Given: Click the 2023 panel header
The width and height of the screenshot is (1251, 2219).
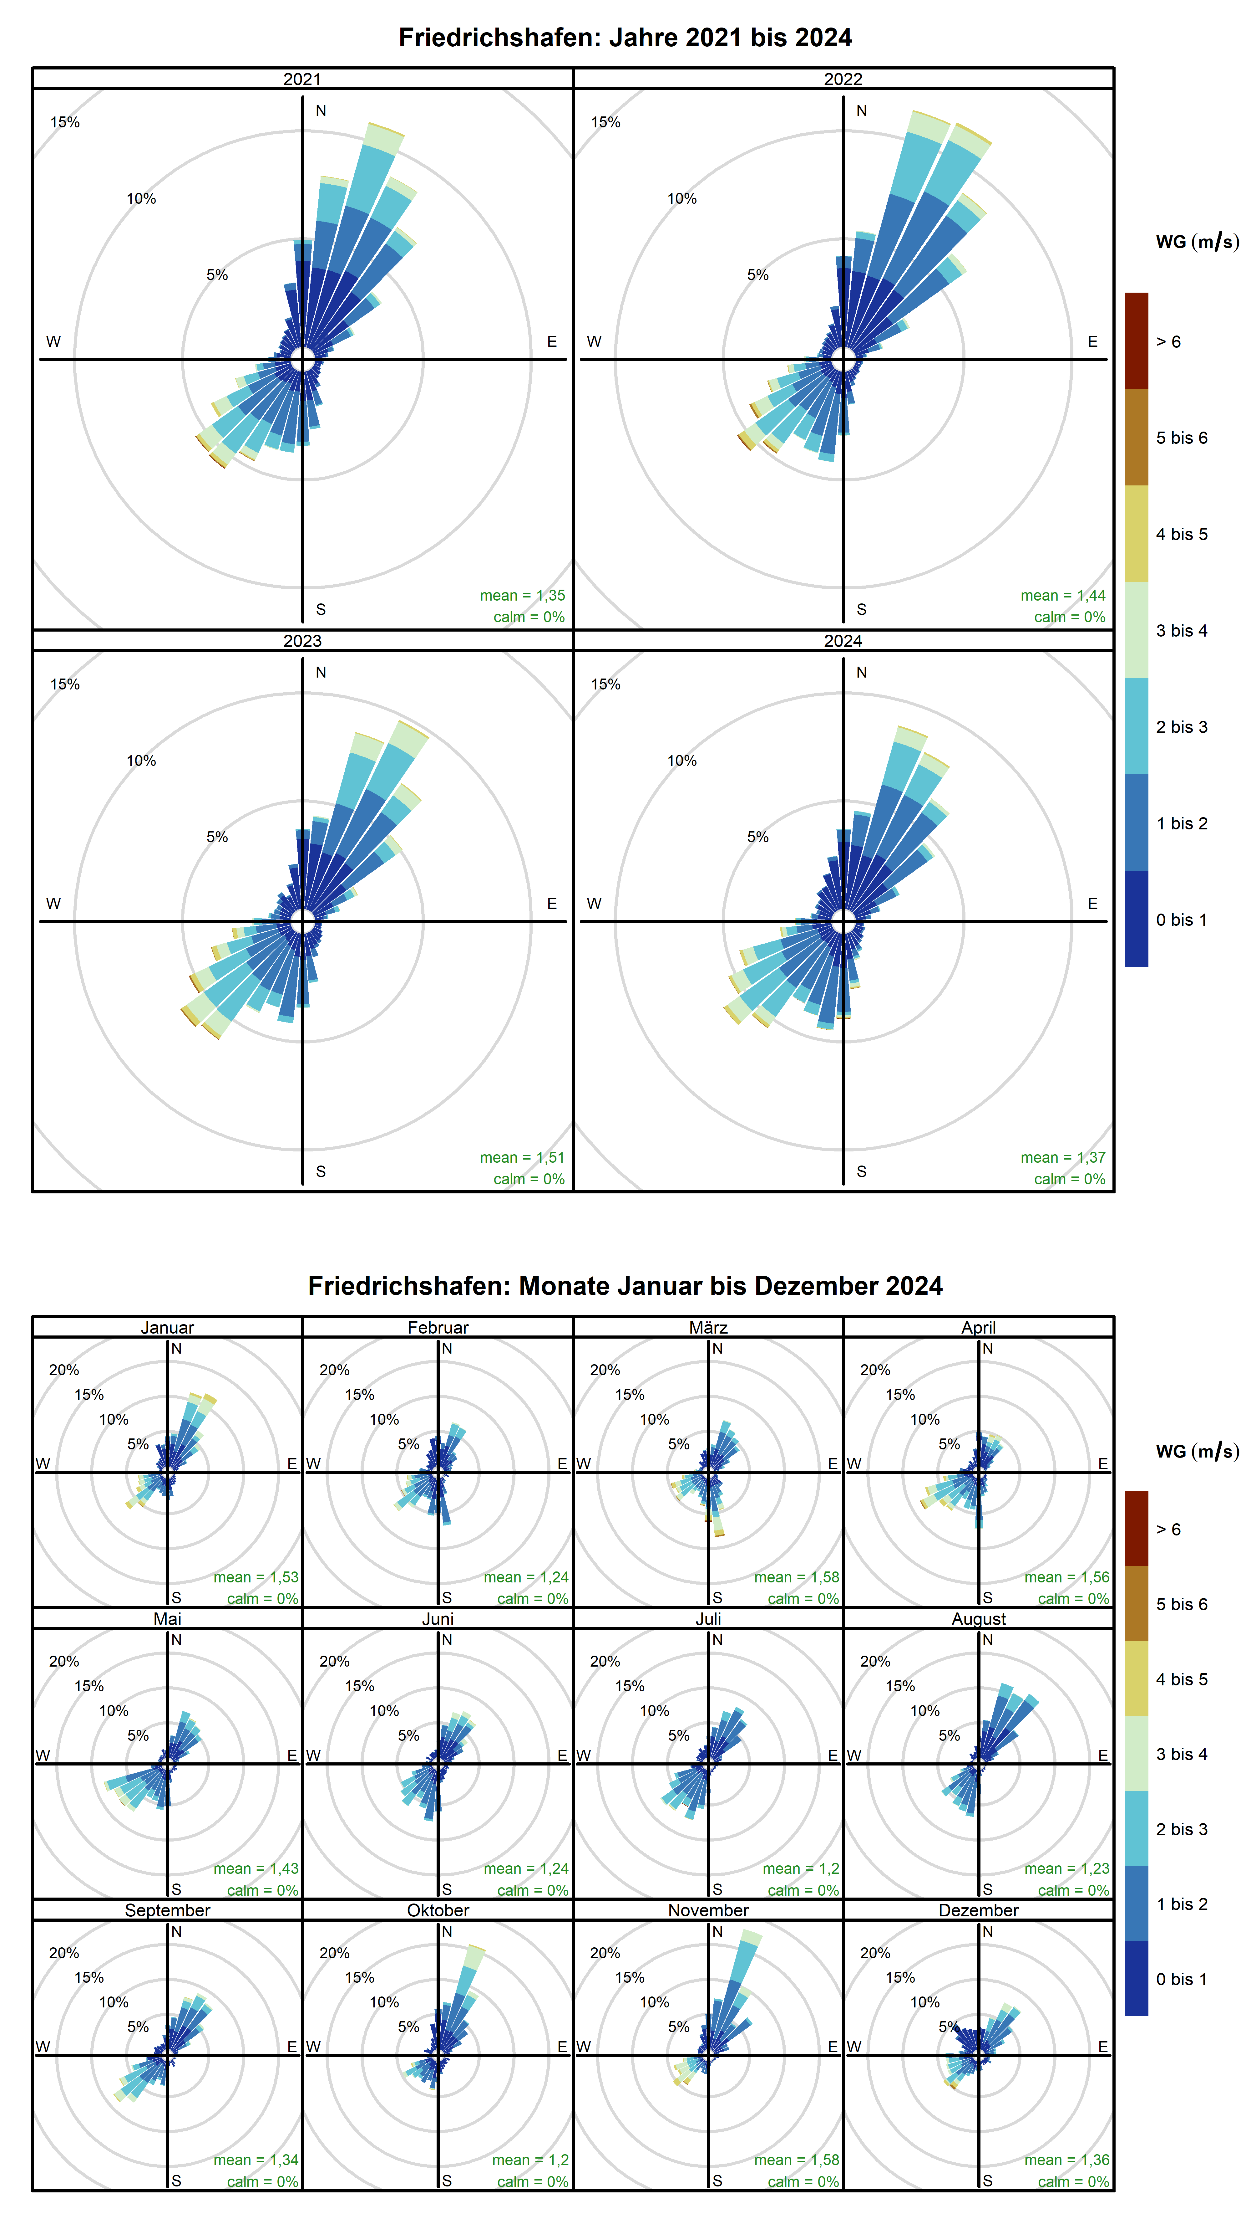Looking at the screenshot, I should [x=302, y=641].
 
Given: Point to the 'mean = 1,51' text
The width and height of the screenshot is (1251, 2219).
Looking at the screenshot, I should [x=522, y=1157].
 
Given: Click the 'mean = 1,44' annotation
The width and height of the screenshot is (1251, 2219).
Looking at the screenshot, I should [x=1062, y=595].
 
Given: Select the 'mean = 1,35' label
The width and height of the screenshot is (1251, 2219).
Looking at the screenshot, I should [x=522, y=595].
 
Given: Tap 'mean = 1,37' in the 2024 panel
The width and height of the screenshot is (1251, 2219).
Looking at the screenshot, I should [x=1062, y=1157].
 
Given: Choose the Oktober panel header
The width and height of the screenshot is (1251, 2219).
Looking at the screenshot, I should [x=437, y=1910].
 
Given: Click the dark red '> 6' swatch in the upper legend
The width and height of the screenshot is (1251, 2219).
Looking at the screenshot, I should [x=1136, y=341].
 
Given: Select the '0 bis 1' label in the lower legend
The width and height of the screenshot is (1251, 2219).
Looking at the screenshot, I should [x=1181, y=1979].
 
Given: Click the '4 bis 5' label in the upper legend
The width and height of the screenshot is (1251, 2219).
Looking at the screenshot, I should [x=1181, y=534].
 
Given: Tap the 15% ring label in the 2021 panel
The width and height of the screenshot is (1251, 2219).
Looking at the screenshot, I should [x=64, y=122].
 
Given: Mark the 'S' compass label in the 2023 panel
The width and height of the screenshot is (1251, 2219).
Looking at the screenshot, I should [x=320, y=1171].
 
